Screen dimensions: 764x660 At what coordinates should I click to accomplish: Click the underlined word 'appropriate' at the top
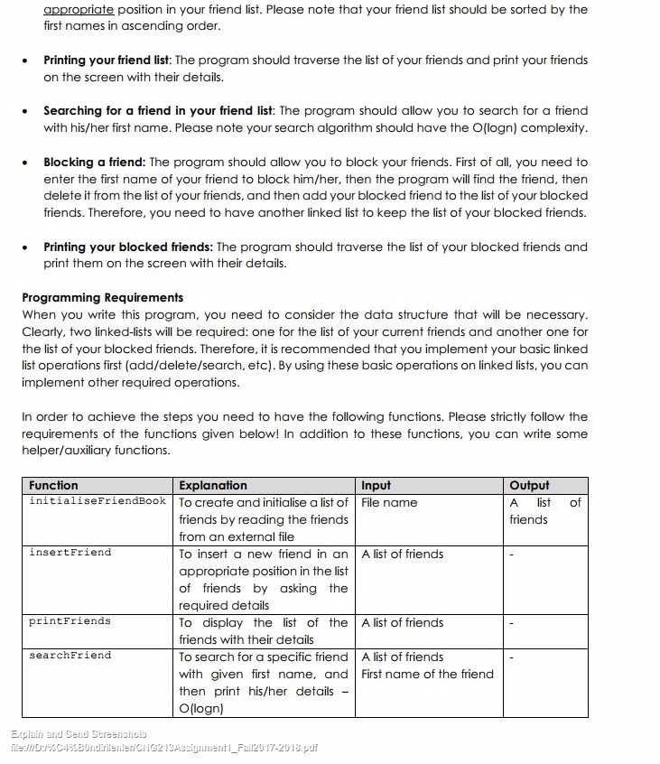tap(79, 9)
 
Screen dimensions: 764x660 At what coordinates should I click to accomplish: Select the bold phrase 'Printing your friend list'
tap(107, 61)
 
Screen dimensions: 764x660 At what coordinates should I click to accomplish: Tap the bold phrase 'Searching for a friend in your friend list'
tap(158, 111)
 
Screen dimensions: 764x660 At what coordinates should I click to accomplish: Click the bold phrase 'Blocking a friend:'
tap(95, 163)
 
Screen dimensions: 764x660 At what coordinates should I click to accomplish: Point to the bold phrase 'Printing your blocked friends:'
tap(128, 247)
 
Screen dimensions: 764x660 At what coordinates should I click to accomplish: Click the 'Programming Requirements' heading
tap(102, 297)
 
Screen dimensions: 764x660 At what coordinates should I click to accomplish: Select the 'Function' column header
tap(54, 485)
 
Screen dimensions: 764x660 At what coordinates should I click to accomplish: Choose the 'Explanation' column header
tap(213, 485)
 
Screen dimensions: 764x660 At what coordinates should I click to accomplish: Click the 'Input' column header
tap(376, 485)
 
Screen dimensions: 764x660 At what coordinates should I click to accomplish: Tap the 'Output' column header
tap(529, 485)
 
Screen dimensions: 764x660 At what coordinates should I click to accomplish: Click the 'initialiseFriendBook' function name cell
tap(98, 501)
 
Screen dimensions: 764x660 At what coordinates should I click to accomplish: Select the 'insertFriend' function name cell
tap(70, 552)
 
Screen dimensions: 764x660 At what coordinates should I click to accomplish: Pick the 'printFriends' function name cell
tap(70, 621)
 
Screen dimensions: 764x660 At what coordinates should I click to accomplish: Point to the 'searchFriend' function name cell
tap(70, 655)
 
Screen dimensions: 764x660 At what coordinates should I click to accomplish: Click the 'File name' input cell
tap(389, 502)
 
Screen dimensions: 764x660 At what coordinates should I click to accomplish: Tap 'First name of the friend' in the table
tap(427, 674)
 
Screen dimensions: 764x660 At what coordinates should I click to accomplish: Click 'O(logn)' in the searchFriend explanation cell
tap(203, 708)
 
